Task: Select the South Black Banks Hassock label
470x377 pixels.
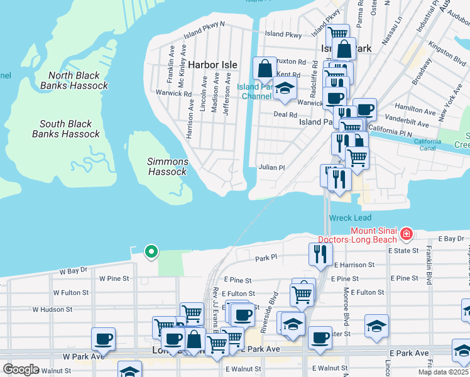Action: click(66, 129)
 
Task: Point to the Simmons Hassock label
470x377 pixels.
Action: click(167, 167)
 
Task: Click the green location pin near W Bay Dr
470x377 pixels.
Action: click(151, 251)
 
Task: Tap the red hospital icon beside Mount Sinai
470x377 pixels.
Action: click(407, 234)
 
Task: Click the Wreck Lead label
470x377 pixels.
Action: click(346, 218)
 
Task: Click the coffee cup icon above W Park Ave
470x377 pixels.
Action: click(103, 339)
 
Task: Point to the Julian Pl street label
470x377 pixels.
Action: click(271, 168)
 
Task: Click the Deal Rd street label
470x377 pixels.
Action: click(285, 114)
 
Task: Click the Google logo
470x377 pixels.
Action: click(21, 369)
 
